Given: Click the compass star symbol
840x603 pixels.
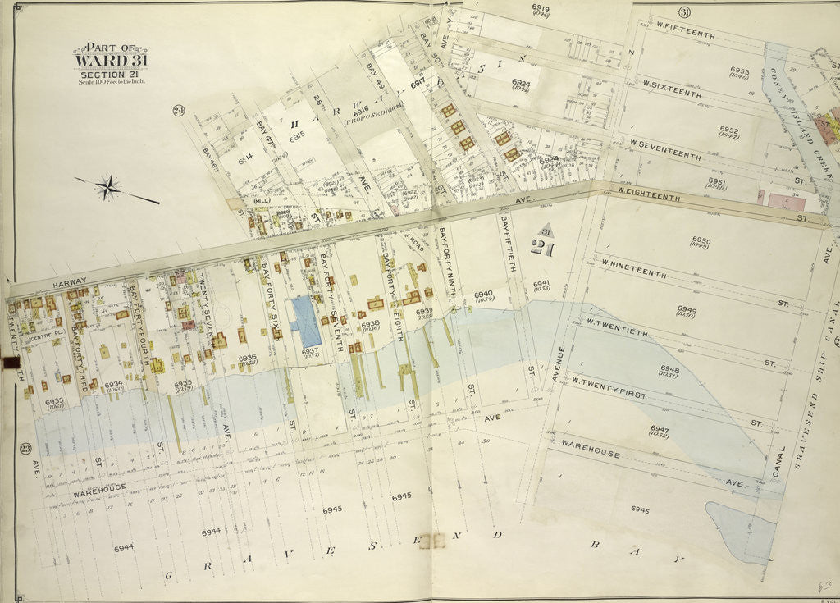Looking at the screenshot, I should (107, 188).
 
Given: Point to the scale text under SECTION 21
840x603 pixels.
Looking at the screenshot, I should (111, 82).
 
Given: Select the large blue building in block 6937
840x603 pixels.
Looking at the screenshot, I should (306, 321).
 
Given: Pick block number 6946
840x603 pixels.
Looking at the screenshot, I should (640, 509).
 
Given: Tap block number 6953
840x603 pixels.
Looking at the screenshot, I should (740, 71).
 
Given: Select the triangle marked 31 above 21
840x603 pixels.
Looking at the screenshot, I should (545, 232).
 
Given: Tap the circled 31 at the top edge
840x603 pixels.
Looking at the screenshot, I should (682, 11).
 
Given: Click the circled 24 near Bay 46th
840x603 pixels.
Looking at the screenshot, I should (176, 112).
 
